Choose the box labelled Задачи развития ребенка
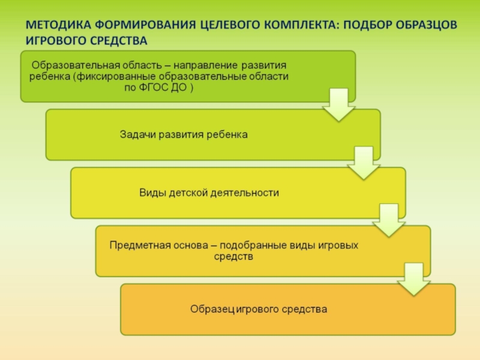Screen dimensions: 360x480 click(x=212, y=134)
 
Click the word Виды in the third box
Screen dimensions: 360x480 click(x=152, y=193)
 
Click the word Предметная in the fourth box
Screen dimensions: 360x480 click(x=135, y=245)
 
